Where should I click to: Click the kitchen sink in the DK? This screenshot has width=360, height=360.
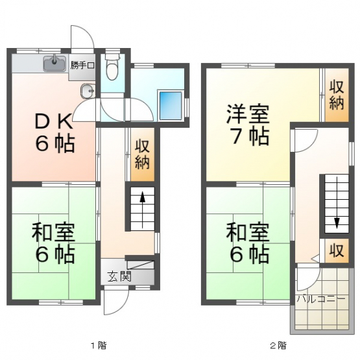[54, 63]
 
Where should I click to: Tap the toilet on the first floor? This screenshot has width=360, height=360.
[112, 67]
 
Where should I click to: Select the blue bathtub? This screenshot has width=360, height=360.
[171, 106]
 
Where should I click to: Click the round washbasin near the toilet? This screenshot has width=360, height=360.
[88, 91]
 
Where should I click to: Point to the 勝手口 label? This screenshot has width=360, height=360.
[82, 66]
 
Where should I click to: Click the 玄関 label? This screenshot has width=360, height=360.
[119, 276]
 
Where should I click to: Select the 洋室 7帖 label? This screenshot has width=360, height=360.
[248, 125]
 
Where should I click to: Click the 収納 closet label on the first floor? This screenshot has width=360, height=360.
[142, 154]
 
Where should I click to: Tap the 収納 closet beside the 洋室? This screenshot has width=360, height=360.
[337, 95]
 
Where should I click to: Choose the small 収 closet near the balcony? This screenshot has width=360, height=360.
[337, 250]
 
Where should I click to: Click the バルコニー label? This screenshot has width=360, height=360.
[321, 299]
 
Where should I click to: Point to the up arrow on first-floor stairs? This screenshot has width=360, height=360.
[143, 210]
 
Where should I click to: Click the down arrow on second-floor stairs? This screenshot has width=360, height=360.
[337, 202]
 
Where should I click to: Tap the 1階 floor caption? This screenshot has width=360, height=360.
[99, 345]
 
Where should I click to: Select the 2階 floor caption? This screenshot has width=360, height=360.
[278, 345]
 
